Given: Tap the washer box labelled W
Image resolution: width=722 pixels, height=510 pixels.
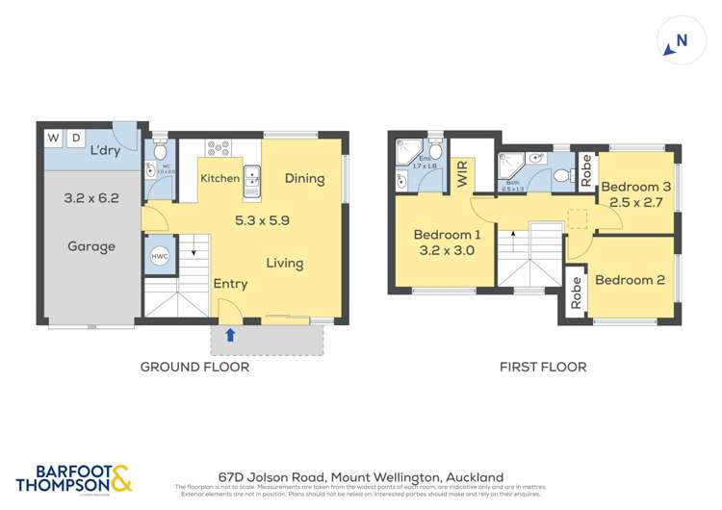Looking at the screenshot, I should (x=52, y=139).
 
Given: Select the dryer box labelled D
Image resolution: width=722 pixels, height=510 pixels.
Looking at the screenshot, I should (x=76, y=139).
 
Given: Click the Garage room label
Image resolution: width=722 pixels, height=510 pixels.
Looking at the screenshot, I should (x=91, y=246).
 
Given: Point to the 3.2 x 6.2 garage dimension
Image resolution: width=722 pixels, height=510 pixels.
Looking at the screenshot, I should (x=91, y=198).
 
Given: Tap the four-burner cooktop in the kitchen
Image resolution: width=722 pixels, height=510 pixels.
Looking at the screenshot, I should (x=219, y=148).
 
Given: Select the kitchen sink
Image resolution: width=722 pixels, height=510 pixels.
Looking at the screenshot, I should (x=251, y=179).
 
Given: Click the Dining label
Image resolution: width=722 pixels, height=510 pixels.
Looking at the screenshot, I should (x=304, y=178).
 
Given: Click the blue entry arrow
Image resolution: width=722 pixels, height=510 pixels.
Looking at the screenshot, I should (x=229, y=336).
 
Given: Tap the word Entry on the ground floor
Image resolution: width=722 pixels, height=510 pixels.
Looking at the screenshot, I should (x=230, y=283).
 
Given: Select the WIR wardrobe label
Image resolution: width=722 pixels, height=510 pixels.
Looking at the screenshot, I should (x=462, y=175).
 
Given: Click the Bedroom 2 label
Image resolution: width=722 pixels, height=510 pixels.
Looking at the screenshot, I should (x=630, y=280).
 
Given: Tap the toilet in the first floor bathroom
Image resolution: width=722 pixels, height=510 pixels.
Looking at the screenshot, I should (x=561, y=176).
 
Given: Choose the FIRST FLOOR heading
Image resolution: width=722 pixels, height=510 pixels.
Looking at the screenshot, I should (x=542, y=367).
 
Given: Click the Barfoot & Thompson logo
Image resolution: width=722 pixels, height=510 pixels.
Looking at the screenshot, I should (x=73, y=478).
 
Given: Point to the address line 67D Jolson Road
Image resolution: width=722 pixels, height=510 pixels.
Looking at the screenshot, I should (x=360, y=476).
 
